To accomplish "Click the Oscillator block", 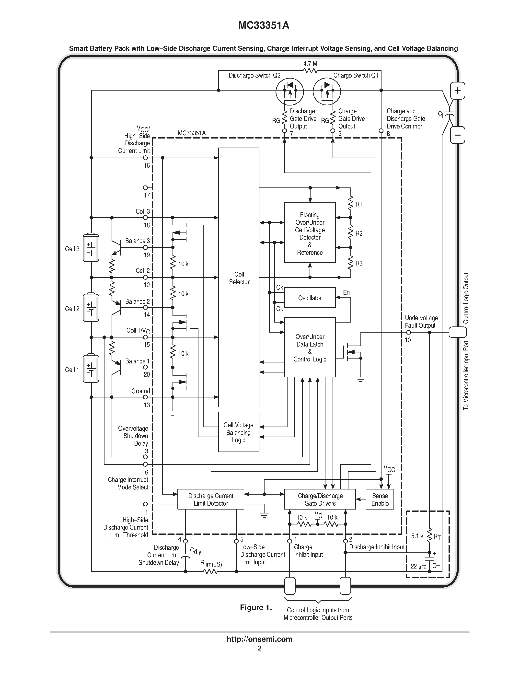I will pyautogui.click(x=310, y=298).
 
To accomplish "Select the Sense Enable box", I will pyautogui.click(x=380, y=499).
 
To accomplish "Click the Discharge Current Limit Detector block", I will pyautogui.click(x=211, y=499).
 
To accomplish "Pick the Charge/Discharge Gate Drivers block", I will pyautogui.click(x=320, y=499).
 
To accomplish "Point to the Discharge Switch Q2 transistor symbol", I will pyautogui.click(x=289, y=92).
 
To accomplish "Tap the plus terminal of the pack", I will pyautogui.click(x=457, y=91).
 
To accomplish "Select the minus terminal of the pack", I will pyautogui.click(x=457, y=135).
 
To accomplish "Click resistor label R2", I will pyautogui.click(x=359, y=233).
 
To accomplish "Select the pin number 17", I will pyautogui.click(x=147, y=195).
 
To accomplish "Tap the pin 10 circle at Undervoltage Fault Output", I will pyautogui.click(x=408, y=332).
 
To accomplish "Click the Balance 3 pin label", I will pyautogui.click(x=137, y=241).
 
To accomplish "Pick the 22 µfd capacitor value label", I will pyautogui.click(x=418, y=566).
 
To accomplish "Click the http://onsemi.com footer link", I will pyautogui.click(x=259, y=639).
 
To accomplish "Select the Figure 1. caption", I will pyautogui.click(x=256, y=607).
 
